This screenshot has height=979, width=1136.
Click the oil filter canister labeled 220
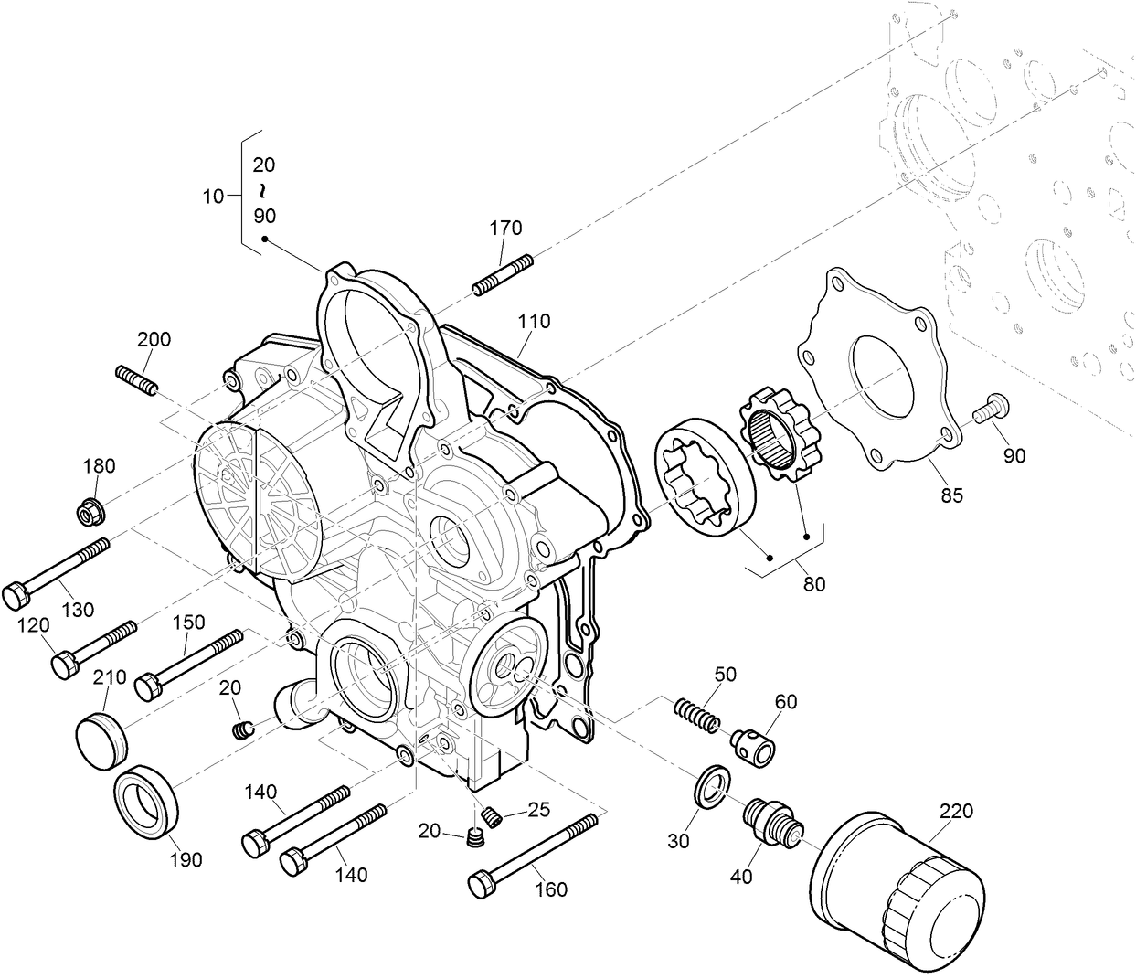coord(897,888)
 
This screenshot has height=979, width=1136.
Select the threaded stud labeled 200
coord(138,379)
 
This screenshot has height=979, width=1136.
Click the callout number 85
coord(952,496)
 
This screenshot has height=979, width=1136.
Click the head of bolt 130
coord(16,596)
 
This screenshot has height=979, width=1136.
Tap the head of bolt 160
coord(481,885)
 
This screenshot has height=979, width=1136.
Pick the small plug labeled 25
coord(491,816)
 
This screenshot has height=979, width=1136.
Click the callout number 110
coord(534,321)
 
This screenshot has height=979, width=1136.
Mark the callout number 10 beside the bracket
coord(213,196)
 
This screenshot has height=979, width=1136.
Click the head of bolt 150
coord(147,686)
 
